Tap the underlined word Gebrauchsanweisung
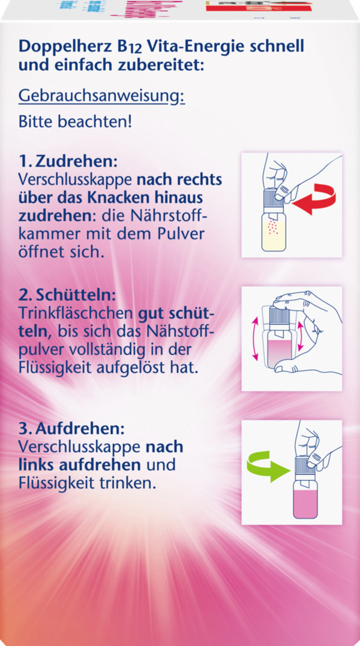(x=102, y=96)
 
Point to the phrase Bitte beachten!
(x=76, y=121)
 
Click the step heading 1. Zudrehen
(x=68, y=162)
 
